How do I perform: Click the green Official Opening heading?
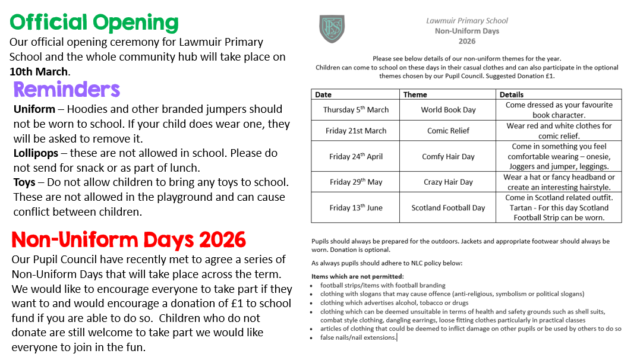point(94,23)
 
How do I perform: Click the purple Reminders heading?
point(67,89)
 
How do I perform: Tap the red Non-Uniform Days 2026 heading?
point(128,239)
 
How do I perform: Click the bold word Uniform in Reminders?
point(34,109)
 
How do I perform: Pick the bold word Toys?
point(25,182)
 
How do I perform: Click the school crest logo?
point(332,29)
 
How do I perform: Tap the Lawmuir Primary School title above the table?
point(467,21)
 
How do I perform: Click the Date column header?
point(323,94)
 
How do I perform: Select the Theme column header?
point(415,94)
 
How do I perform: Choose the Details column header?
point(511,94)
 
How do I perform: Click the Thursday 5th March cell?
point(355,110)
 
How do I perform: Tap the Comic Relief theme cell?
point(448,131)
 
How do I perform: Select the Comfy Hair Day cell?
point(448,157)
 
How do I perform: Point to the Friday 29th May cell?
point(355,182)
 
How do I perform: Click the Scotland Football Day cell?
point(448,208)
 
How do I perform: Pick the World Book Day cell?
point(448,110)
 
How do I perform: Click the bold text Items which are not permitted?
point(358,276)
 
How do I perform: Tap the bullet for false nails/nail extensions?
point(314,338)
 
